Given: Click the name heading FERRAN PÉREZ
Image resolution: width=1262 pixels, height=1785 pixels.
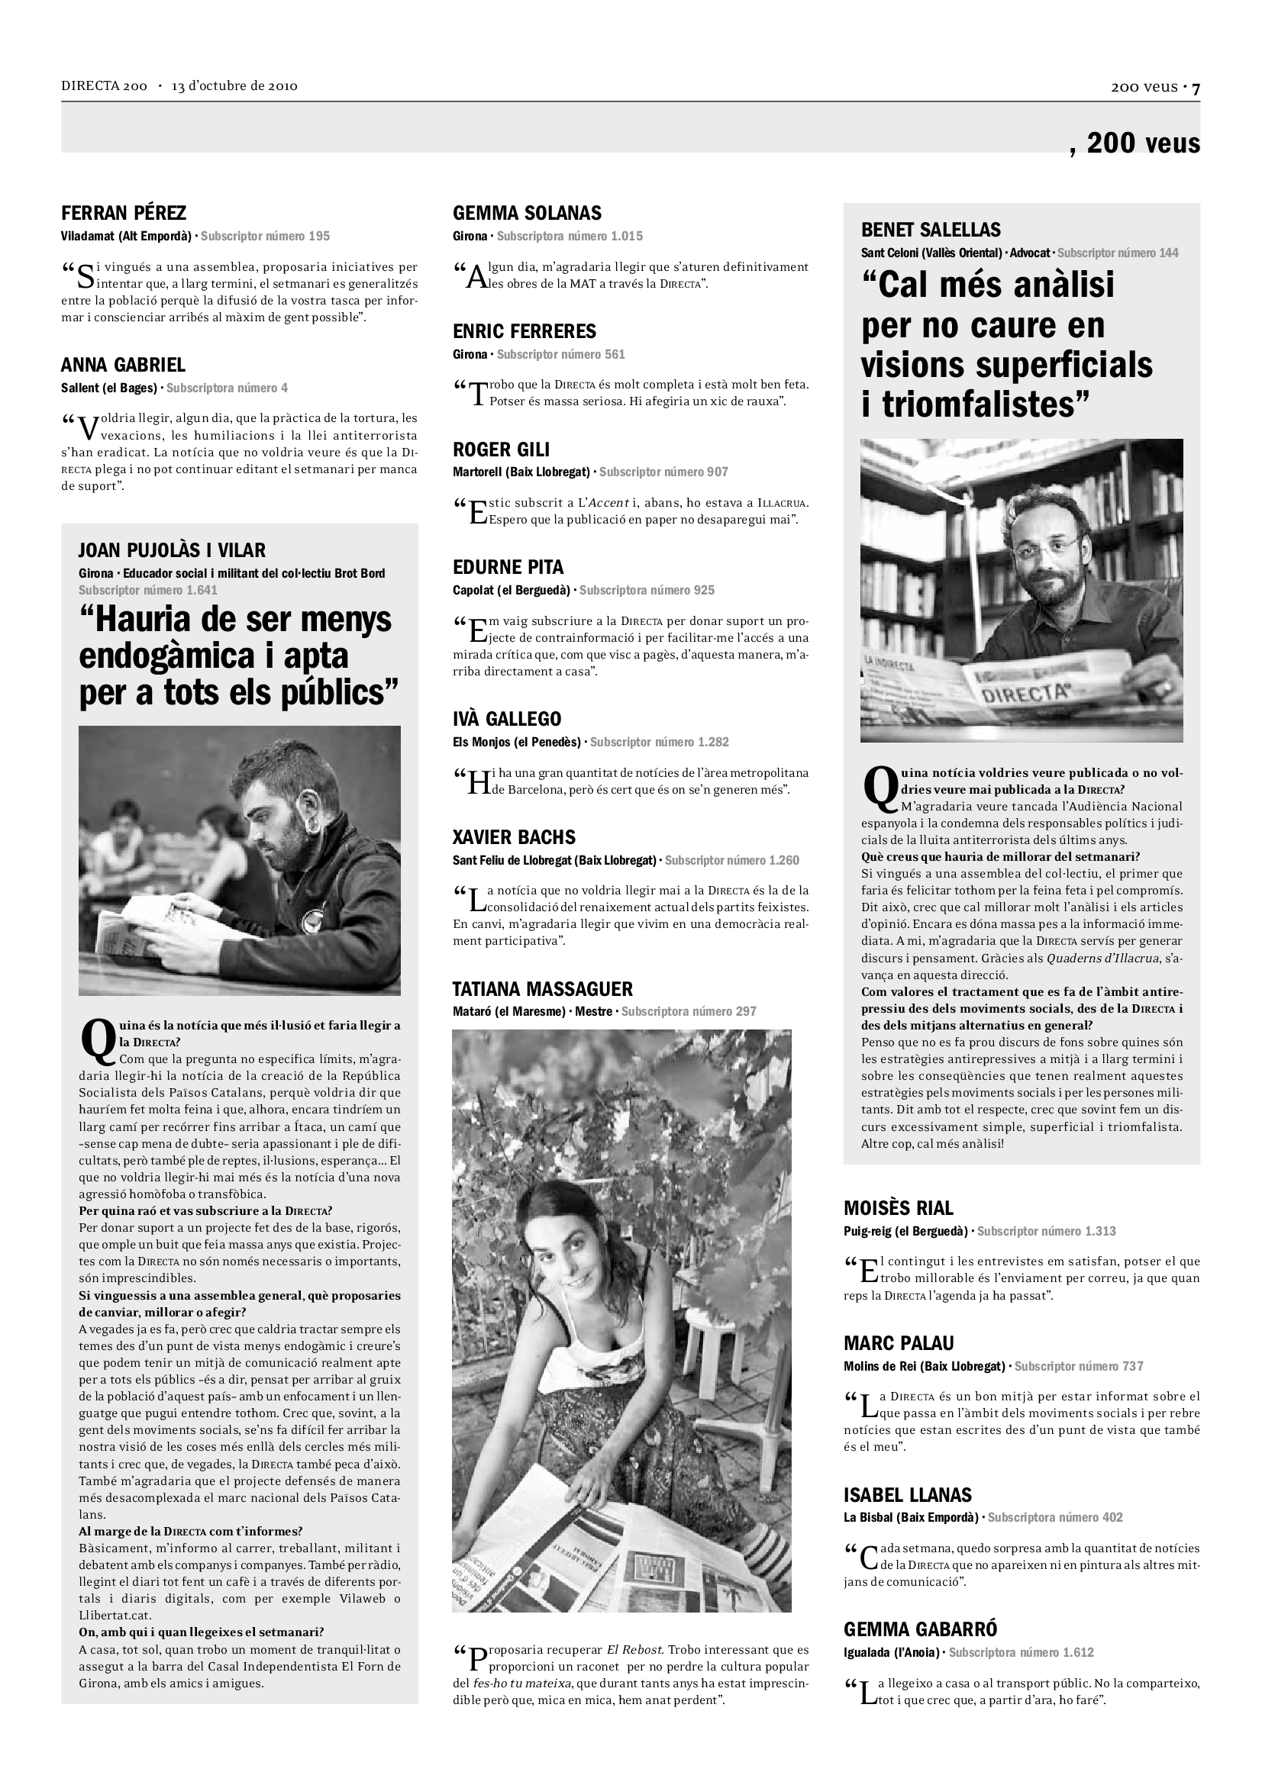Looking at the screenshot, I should pos(124,213).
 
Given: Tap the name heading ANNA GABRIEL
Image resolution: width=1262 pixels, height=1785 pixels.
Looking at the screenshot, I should pos(123,366).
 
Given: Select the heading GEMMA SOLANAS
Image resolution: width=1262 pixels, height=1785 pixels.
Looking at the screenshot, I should pos(528,213).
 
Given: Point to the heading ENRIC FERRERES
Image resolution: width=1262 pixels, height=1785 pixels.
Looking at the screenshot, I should pos(524,331).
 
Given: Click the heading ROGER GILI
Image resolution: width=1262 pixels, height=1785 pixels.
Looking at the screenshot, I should pos(501,449).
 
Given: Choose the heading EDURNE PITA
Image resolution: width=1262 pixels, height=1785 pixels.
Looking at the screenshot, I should pos(508,567).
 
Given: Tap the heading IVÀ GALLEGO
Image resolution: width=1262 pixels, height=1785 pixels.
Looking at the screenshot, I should pos(506,719).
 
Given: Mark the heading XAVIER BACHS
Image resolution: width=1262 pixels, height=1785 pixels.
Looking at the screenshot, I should pos(514,837).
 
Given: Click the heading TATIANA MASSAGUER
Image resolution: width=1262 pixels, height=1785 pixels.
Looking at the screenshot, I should pos(543,989).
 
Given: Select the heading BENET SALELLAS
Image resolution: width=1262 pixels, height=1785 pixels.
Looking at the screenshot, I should pos(931,230).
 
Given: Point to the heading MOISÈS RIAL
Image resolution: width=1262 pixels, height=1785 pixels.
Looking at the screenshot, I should pos(898,1208).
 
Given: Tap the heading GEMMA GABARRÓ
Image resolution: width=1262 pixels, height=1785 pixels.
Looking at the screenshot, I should pos(920,1629).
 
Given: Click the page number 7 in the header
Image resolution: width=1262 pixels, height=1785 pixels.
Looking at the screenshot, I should pos(1196,88).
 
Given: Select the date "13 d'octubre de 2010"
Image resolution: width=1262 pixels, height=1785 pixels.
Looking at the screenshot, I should pos(234,86).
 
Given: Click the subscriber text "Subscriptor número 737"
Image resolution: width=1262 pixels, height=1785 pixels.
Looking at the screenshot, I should pos(1079,1366).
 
